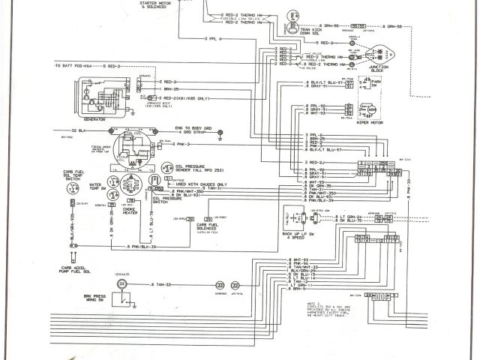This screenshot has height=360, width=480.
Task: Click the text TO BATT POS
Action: pyautogui.click(x=70, y=66)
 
